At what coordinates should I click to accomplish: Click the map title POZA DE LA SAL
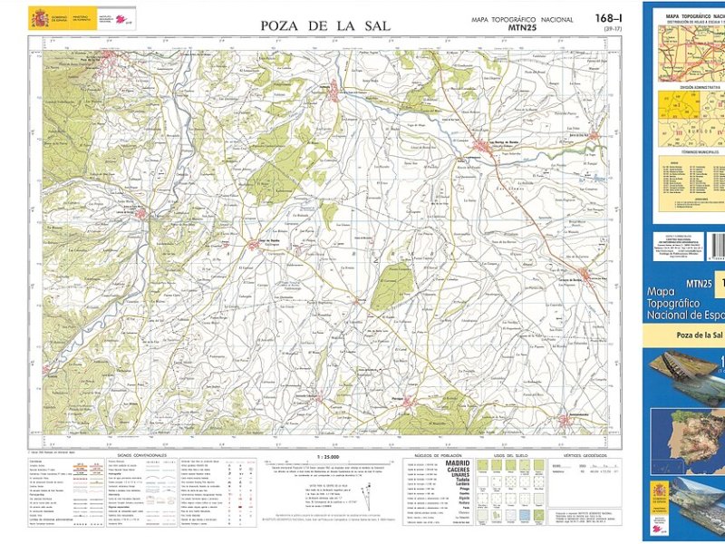(325, 25)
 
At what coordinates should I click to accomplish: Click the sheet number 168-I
(609, 18)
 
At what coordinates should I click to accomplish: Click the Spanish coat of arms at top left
(39, 17)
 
